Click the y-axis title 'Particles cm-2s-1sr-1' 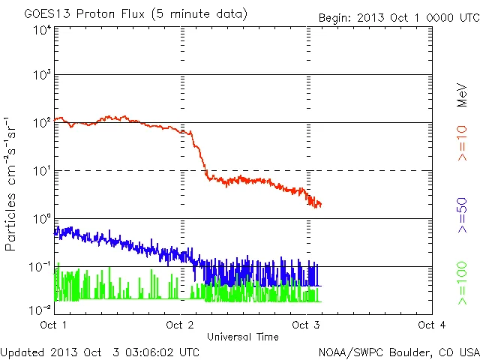12,183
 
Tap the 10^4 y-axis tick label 41,30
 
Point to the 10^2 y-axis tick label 41,123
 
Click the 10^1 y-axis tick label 41,171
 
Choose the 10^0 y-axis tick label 41,219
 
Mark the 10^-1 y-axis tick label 39,267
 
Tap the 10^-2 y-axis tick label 39,309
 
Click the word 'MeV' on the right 461,94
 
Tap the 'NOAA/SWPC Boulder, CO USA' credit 398,352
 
